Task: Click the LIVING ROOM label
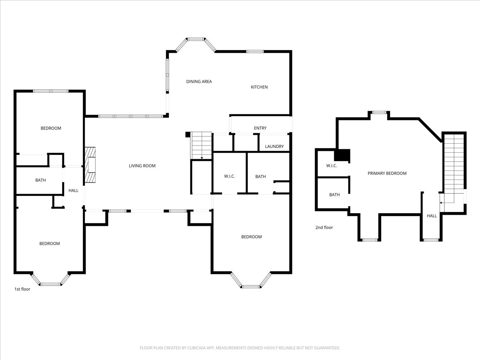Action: (x=142, y=166)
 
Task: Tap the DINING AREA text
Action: (x=199, y=82)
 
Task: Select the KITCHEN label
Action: (x=259, y=87)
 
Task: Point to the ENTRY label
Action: (x=260, y=128)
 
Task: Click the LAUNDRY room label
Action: (x=274, y=146)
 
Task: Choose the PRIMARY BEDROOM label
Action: (x=387, y=173)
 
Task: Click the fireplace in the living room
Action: (x=90, y=165)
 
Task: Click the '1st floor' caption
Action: (x=22, y=289)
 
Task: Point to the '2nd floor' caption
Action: (x=324, y=228)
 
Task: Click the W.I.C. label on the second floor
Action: (x=332, y=166)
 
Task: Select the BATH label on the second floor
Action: (x=334, y=195)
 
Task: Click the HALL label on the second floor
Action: (x=432, y=216)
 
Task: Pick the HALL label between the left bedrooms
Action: (x=74, y=191)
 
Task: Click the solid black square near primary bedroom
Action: (x=342, y=155)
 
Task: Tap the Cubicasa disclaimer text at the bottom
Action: (x=240, y=348)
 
